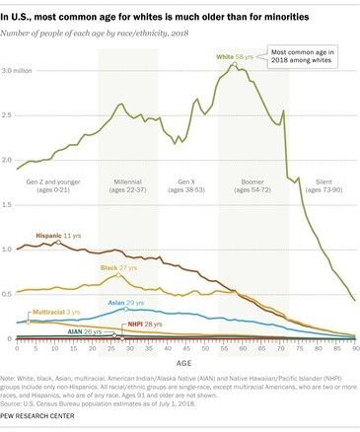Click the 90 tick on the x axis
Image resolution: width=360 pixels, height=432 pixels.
coord(353,348)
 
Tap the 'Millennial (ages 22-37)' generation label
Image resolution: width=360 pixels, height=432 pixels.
coord(126,187)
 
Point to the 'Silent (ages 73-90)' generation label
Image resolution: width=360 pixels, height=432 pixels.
coord(322,187)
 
